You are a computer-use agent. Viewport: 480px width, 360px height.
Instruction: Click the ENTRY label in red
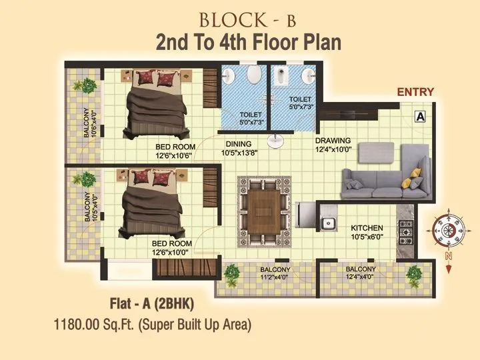point(415,92)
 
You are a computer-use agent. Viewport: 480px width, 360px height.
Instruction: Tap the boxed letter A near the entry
point(421,116)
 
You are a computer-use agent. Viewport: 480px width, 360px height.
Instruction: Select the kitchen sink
point(327,223)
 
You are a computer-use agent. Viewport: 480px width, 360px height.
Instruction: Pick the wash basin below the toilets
point(275,141)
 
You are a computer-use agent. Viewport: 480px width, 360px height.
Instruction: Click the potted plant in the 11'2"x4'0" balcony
point(231,273)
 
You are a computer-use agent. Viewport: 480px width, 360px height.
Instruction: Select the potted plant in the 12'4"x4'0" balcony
point(414,273)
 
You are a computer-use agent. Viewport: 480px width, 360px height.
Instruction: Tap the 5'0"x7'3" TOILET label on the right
point(301,102)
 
